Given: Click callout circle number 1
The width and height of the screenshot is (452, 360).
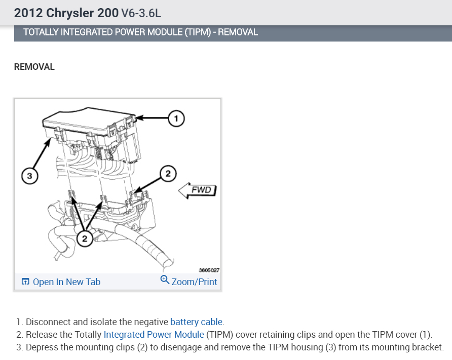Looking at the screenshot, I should pos(176,118).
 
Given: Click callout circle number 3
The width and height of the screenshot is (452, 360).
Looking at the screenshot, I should pos(30,176).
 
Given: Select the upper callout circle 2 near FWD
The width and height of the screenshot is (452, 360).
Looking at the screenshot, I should pos(168,174).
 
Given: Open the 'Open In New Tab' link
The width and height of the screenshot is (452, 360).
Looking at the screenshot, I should pos(66,282).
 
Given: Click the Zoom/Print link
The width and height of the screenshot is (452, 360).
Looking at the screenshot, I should pos(194,282).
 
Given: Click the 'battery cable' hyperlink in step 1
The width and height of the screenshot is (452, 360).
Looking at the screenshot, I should pos(196,322).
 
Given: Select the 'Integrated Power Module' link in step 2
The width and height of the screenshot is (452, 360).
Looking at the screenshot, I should pos(154,335).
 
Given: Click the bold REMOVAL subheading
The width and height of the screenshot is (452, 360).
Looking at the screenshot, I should pos(34,67).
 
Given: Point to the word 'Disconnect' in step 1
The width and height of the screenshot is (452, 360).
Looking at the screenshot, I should pos(46,322).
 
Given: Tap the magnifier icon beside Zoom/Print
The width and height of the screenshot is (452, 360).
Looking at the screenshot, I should pos(164,280).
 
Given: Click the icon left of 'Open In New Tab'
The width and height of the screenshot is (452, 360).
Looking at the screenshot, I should pos(25,282).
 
